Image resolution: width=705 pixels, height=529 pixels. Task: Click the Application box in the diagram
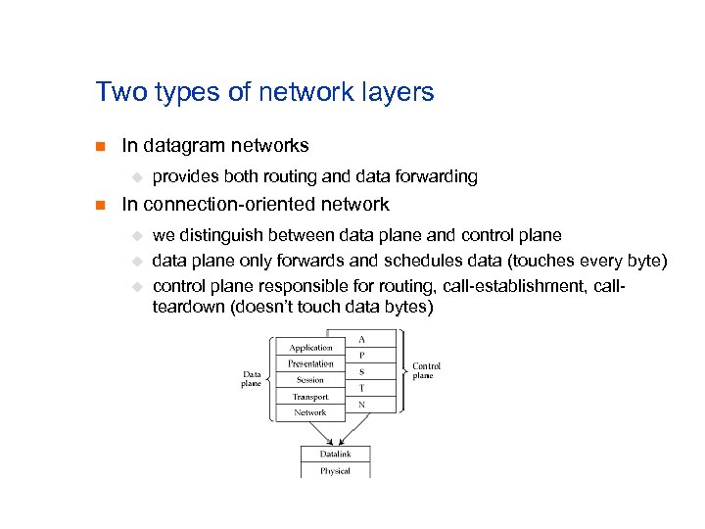[x=310, y=347]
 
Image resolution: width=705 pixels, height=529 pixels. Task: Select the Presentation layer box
[x=310, y=363]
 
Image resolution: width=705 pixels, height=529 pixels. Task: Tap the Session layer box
[x=310, y=380]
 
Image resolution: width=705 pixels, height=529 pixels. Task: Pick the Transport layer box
[x=310, y=397]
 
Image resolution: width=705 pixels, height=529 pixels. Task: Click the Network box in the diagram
[x=310, y=412]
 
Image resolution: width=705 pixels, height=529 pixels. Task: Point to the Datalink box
[x=335, y=454]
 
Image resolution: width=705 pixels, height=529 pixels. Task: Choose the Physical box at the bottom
[x=335, y=471]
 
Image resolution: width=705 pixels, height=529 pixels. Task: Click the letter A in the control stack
[x=362, y=339]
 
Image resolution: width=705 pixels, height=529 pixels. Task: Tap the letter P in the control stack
[x=362, y=355]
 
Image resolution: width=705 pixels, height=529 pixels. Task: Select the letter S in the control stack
[x=362, y=371]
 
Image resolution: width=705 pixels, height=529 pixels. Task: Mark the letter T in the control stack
[x=362, y=387]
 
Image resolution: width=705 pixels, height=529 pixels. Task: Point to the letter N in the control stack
[x=362, y=404]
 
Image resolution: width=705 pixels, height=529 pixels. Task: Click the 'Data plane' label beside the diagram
[x=252, y=378]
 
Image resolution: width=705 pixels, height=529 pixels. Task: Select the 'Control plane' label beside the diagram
[x=426, y=370]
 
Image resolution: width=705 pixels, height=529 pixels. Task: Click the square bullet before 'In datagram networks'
[x=98, y=147]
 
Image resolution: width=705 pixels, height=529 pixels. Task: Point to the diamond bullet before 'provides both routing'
[x=138, y=177]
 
